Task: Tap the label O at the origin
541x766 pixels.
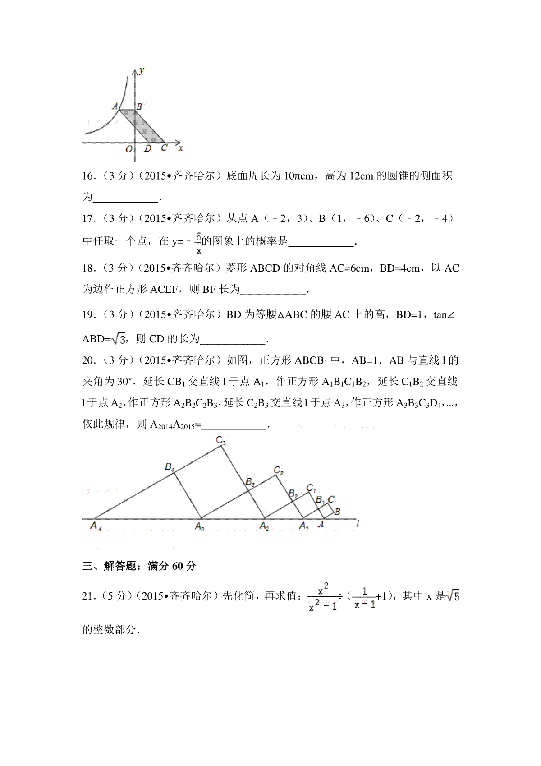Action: pyautogui.click(x=129, y=149)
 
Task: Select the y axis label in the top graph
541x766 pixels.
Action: pyautogui.click(x=142, y=70)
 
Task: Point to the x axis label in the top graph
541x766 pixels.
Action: pyautogui.click(x=180, y=148)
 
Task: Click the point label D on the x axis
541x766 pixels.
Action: pyautogui.click(x=147, y=148)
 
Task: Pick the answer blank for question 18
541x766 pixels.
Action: pyautogui.click(x=273, y=290)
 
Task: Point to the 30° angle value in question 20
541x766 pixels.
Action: pyautogui.click(x=126, y=382)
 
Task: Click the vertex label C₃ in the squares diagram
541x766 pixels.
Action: pyautogui.click(x=220, y=440)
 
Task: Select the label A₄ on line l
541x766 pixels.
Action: pyautogui.click(x=96, y=526)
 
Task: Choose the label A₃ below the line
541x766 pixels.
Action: pyautogui.click(x=200, y=526)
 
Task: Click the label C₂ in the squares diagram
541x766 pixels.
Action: pyautogui.click(x=279, y=471)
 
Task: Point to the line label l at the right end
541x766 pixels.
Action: pyautogui.click(x=358, y=524)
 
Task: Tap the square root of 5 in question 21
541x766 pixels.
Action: pyautogui.click(x=453, y=596)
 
